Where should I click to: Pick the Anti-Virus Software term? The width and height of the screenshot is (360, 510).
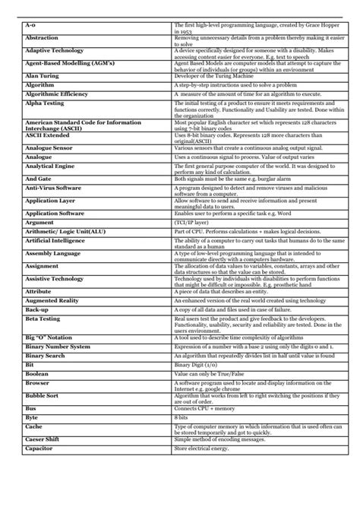pos(53,186)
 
